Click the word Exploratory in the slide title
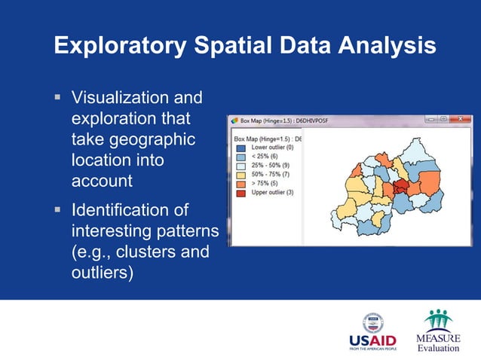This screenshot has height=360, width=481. pyautogui.click(x=118, y=46)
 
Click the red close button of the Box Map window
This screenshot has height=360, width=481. pyautogui.click(x=461, y=119)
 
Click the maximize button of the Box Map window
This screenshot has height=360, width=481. pyautogui.click(x=443, y=119)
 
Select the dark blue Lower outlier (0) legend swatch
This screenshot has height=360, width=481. pyautogui.click(x=240, y=148)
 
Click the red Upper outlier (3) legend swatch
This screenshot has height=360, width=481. pyautogui.click(x=240, y=191)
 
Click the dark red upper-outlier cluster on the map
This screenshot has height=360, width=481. pyautogui.click(x=400, y=188)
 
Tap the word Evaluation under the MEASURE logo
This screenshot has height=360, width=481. pyautogui.click(x=438, y=347)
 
